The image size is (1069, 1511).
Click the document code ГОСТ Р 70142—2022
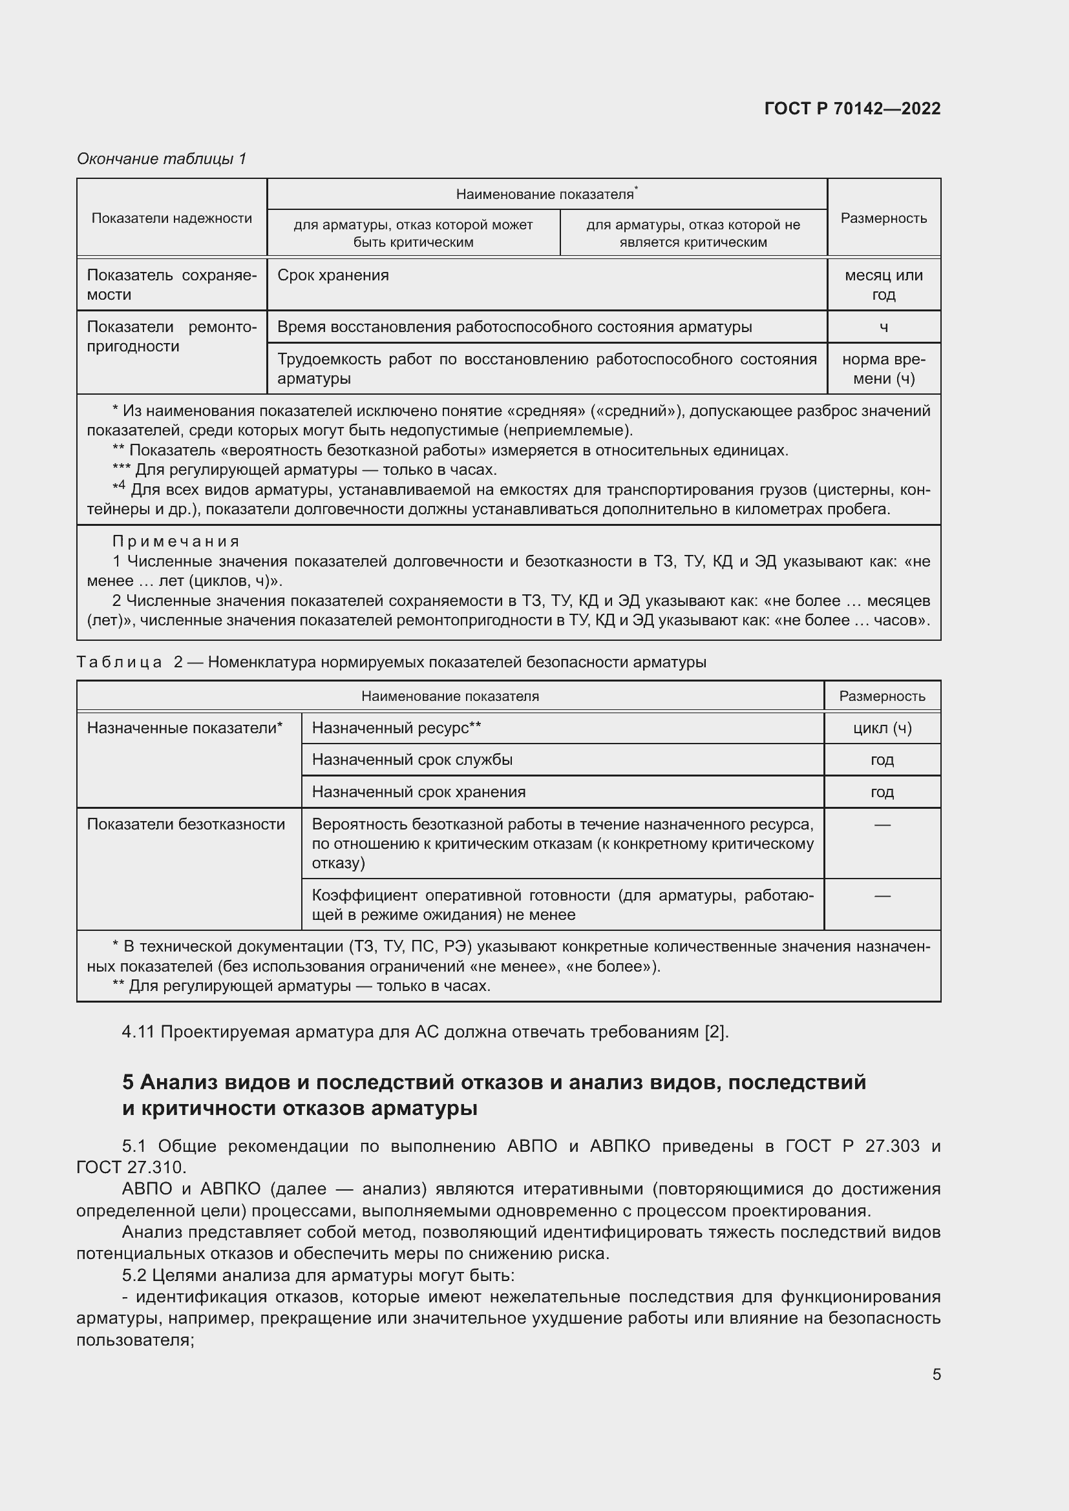point(852,109)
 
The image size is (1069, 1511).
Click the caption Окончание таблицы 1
point(162,159)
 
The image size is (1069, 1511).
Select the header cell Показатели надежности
point(171,218)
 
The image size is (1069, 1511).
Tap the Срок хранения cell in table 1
point(333,275)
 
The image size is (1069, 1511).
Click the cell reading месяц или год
point(883,284)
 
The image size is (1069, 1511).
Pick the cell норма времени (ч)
point(883,368)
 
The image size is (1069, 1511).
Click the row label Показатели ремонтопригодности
point(171,337)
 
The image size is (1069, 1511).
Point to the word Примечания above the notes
point(176,541)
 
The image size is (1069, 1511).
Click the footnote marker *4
point(118,488)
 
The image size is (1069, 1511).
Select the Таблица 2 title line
point(391,662)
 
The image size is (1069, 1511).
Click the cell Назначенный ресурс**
point(396,728)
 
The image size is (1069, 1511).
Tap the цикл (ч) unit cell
point(882,728)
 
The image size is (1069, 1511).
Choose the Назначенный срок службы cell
point(412,760)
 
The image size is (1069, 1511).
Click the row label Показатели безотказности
point(185,824)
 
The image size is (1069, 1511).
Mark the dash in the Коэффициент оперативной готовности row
point(882,895)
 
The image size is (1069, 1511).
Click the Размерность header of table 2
point(882,696)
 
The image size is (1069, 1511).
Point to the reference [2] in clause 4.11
point(715,1032)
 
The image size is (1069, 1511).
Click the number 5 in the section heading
point(129,1083)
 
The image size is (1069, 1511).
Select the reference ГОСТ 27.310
point(131,1167)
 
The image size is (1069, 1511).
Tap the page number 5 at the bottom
point(936,1374)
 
